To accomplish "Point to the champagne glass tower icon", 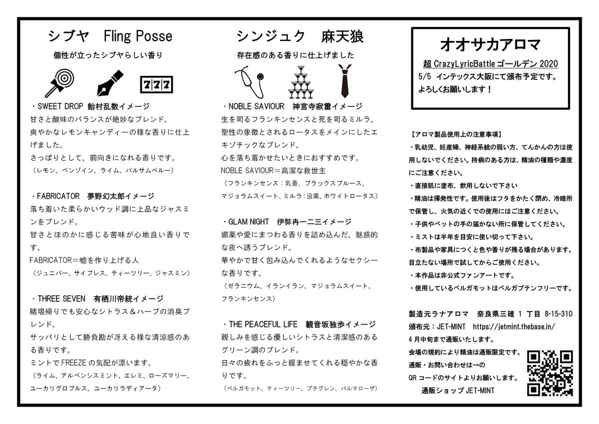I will tap(300, 82).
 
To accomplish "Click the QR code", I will tap(550, 373).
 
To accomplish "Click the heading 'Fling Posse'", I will tap(138, 36).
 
